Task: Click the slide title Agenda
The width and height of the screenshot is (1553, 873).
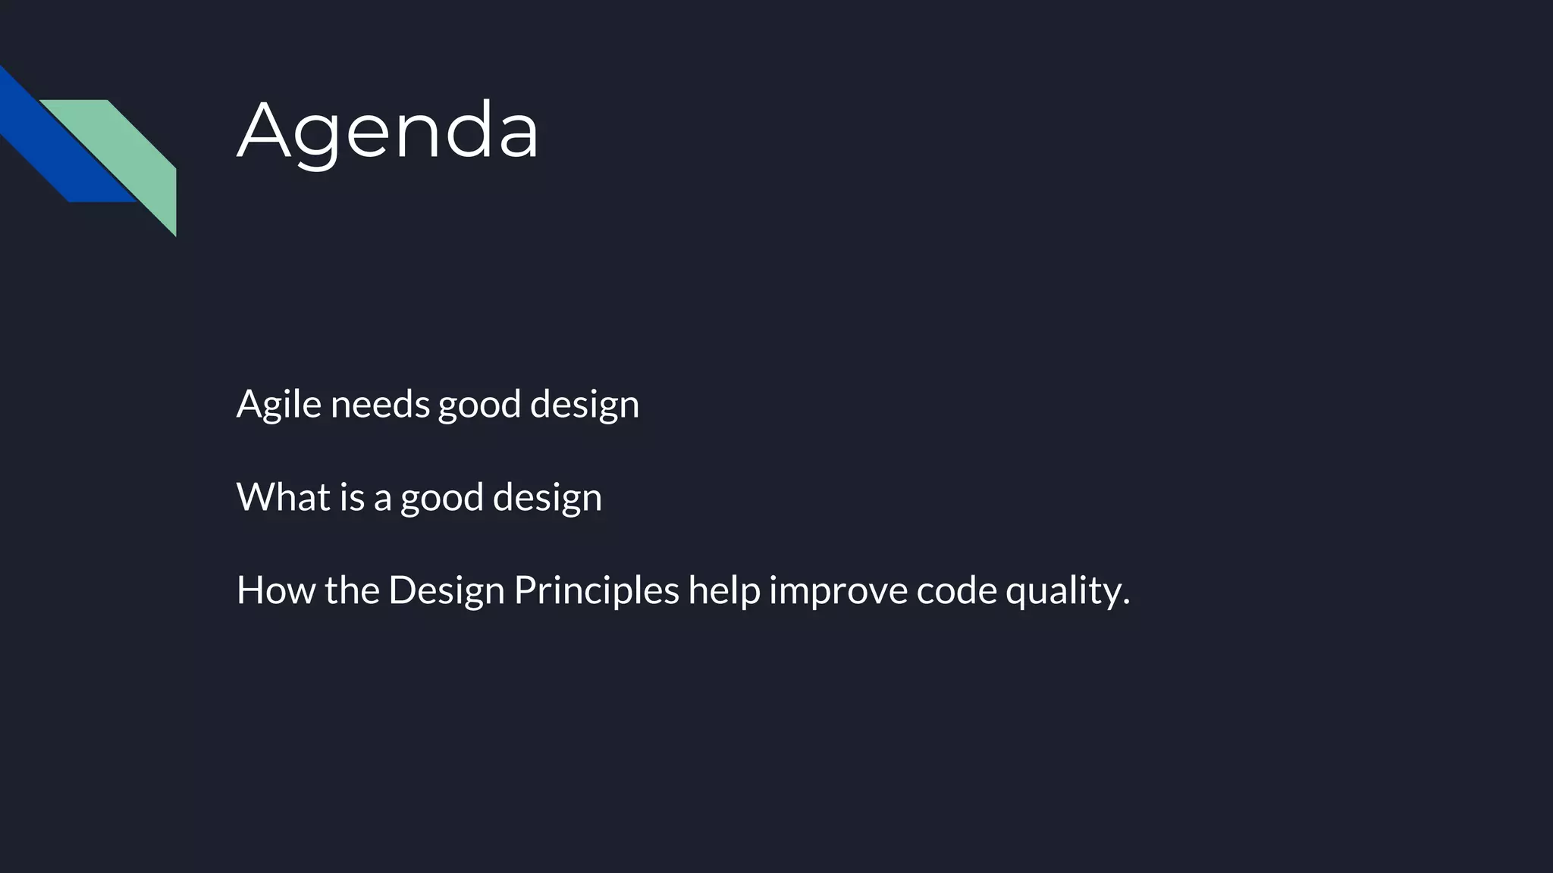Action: click(387, 130)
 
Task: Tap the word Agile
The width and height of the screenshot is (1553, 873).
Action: click(278, 404)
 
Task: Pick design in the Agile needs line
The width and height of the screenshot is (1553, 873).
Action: click(584, 404)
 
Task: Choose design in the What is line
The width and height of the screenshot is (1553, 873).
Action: click(547, 497)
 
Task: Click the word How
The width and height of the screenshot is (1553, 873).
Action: click(276, 590)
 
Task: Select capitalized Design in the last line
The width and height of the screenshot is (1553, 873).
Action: click(446, 590)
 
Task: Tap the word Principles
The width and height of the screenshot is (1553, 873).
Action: click(596, 590)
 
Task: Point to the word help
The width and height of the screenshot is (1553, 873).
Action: click(723, 590)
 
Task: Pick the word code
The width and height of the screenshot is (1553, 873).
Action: click(956, 590)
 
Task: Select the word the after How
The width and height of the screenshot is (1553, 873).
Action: click(352, 590)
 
